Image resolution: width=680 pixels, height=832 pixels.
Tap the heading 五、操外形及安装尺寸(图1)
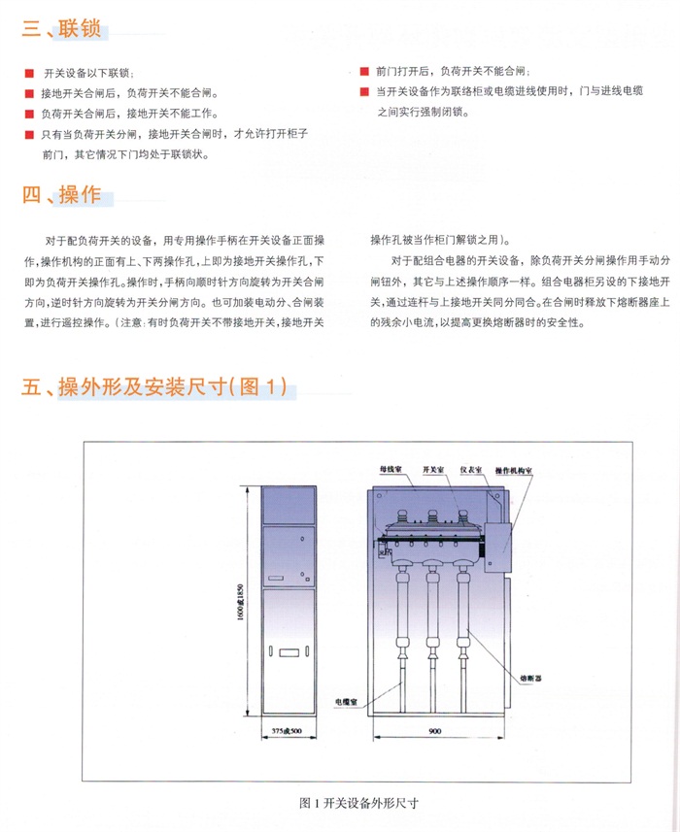click(x=155, y=388)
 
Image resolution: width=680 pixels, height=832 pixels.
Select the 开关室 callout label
click(x=433, y=469)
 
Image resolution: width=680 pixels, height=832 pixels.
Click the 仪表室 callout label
click(x=473, y=469)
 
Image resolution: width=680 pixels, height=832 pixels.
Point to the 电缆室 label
click(x=348, y=698)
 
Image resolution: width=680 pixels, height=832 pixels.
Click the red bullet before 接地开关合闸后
click(x=30, y=94)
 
